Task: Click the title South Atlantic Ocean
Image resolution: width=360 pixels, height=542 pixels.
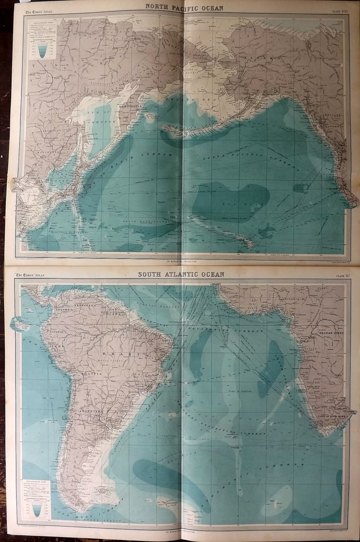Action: pyautogui.click(x=181, y=274)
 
